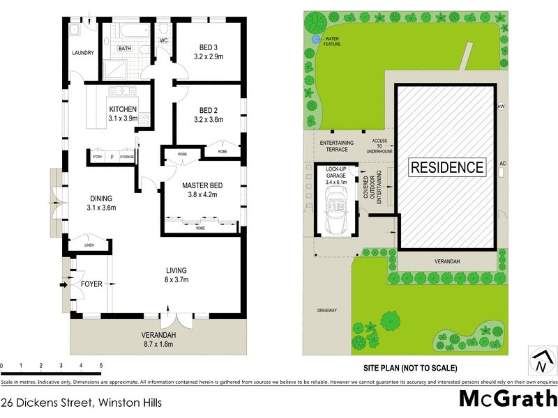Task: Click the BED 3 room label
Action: tap(209, 47)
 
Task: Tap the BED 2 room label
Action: tap(209, 110)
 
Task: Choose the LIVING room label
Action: tap(176, 270)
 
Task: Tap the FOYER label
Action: tap(91, 284)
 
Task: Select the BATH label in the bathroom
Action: tap(124, 49)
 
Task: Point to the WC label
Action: tap(164, 41)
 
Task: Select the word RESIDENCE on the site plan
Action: tap(446, 167)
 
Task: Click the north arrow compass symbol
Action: tap(542, 362)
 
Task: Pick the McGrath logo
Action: tap(507, 399)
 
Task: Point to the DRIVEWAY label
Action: tap(326, 310)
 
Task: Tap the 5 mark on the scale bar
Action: tap(101, 366)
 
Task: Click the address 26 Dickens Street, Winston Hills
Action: tap(81, 402)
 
